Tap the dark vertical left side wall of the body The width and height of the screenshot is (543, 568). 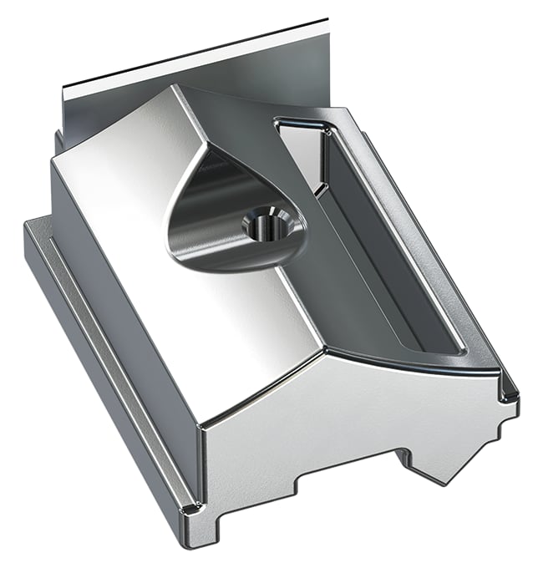tap(117, 301)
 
